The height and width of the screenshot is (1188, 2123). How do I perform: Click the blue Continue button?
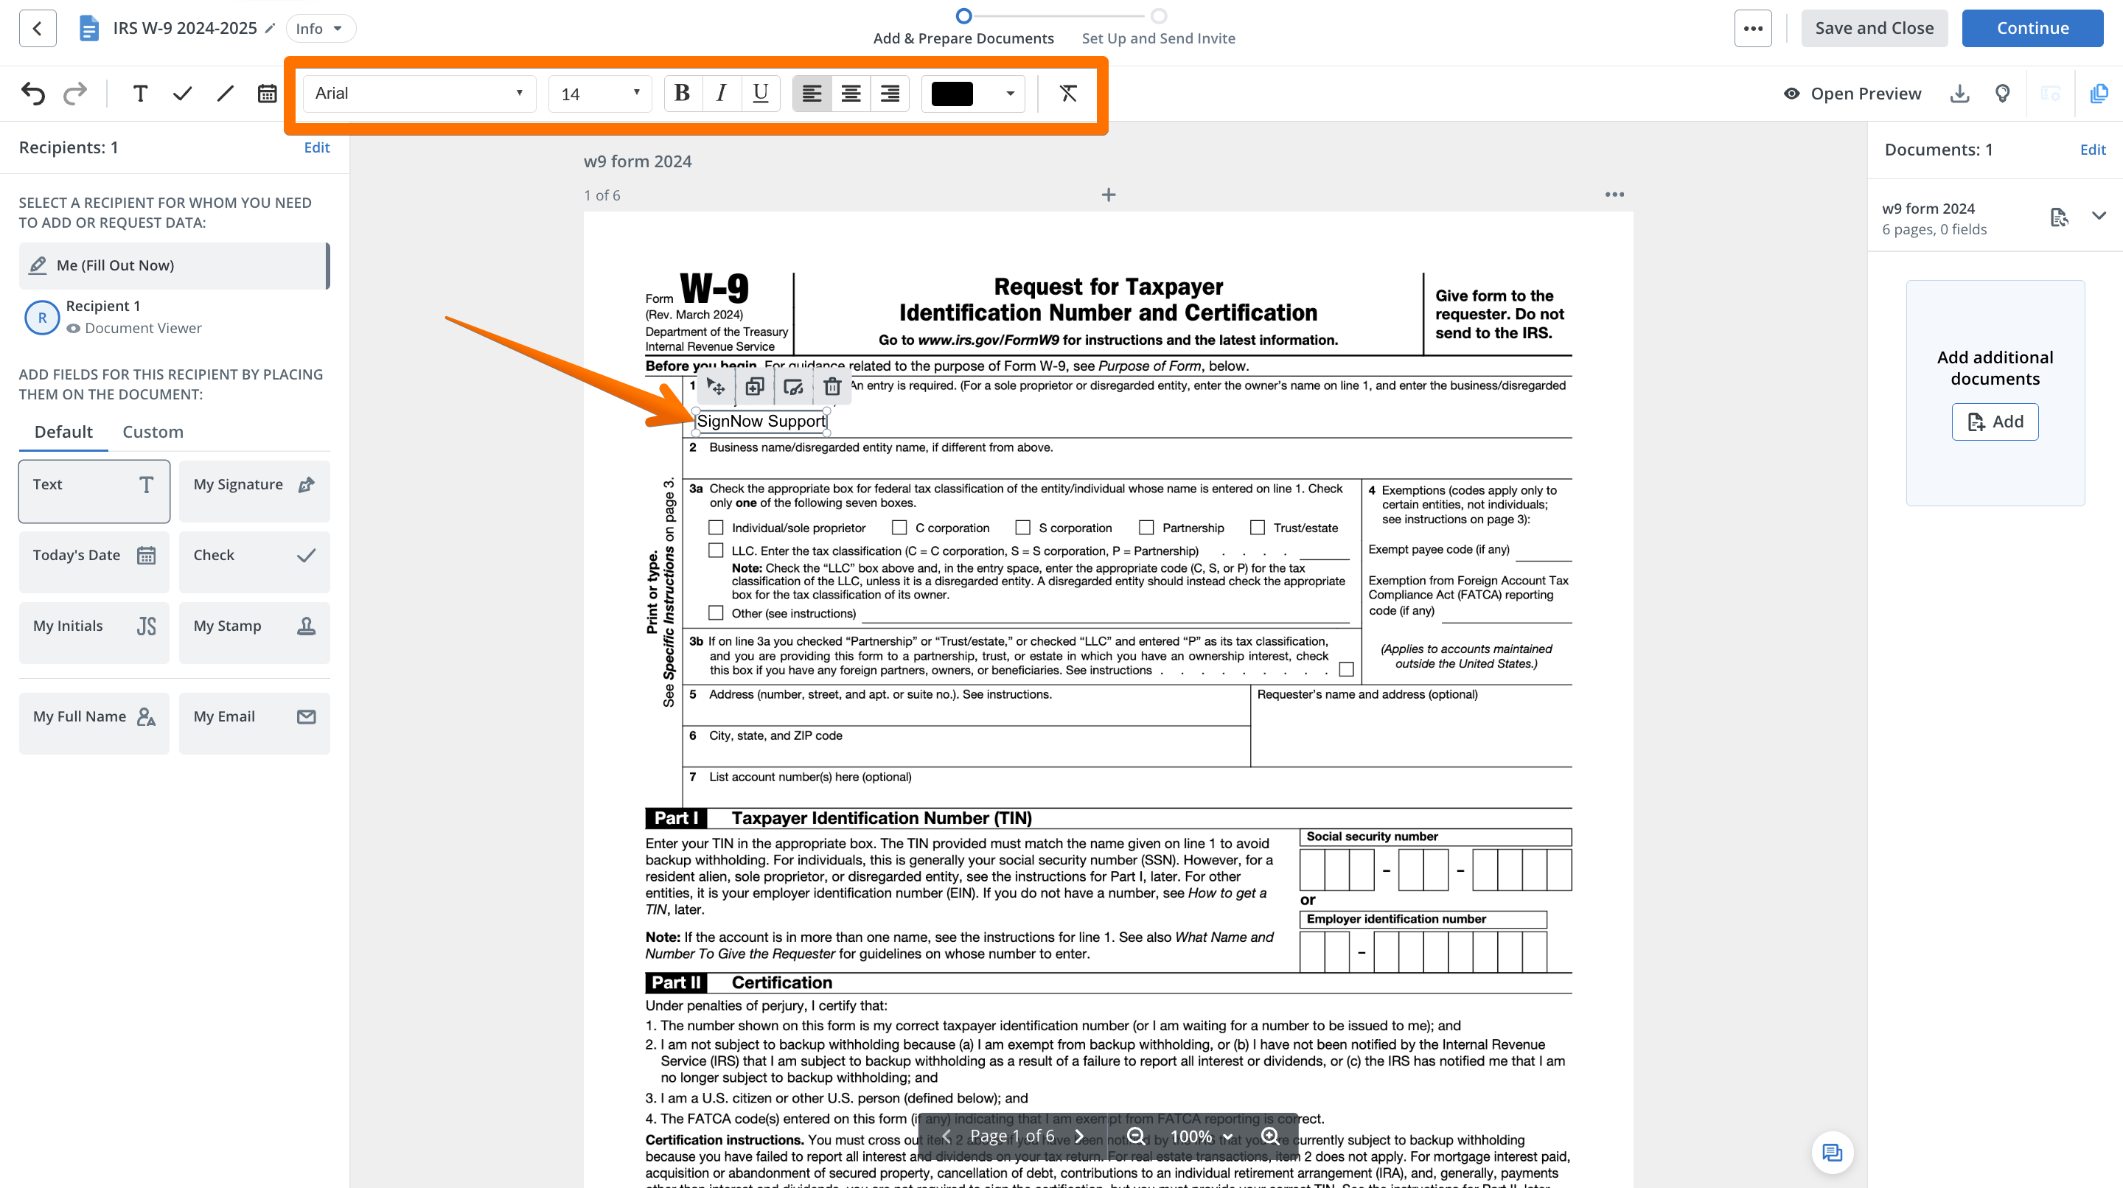[2032, 28]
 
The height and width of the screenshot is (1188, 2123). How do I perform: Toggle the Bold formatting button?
[682, 93]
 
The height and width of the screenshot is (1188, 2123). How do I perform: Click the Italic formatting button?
[721, 93]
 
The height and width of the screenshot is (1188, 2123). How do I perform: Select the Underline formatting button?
[760, 93]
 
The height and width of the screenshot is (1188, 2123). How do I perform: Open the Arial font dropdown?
[419, 93]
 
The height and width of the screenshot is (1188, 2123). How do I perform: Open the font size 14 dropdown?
[599, 93]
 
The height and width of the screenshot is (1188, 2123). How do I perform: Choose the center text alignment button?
[851, 93]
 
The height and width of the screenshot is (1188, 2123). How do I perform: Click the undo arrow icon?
[33, 93]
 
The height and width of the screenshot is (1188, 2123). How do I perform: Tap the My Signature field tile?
[254, 485]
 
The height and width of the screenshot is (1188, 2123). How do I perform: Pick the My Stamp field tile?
[254, 627]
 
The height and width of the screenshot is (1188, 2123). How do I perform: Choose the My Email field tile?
[254, 718]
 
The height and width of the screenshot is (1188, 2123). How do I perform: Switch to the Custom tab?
[153, 432]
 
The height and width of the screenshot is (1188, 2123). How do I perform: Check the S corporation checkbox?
[1022, 527]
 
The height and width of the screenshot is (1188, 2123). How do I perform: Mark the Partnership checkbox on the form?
[1146, 527]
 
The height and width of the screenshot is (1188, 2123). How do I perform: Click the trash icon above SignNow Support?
[832, 386]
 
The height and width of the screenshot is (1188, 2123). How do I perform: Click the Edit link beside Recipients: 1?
[316, 147]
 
